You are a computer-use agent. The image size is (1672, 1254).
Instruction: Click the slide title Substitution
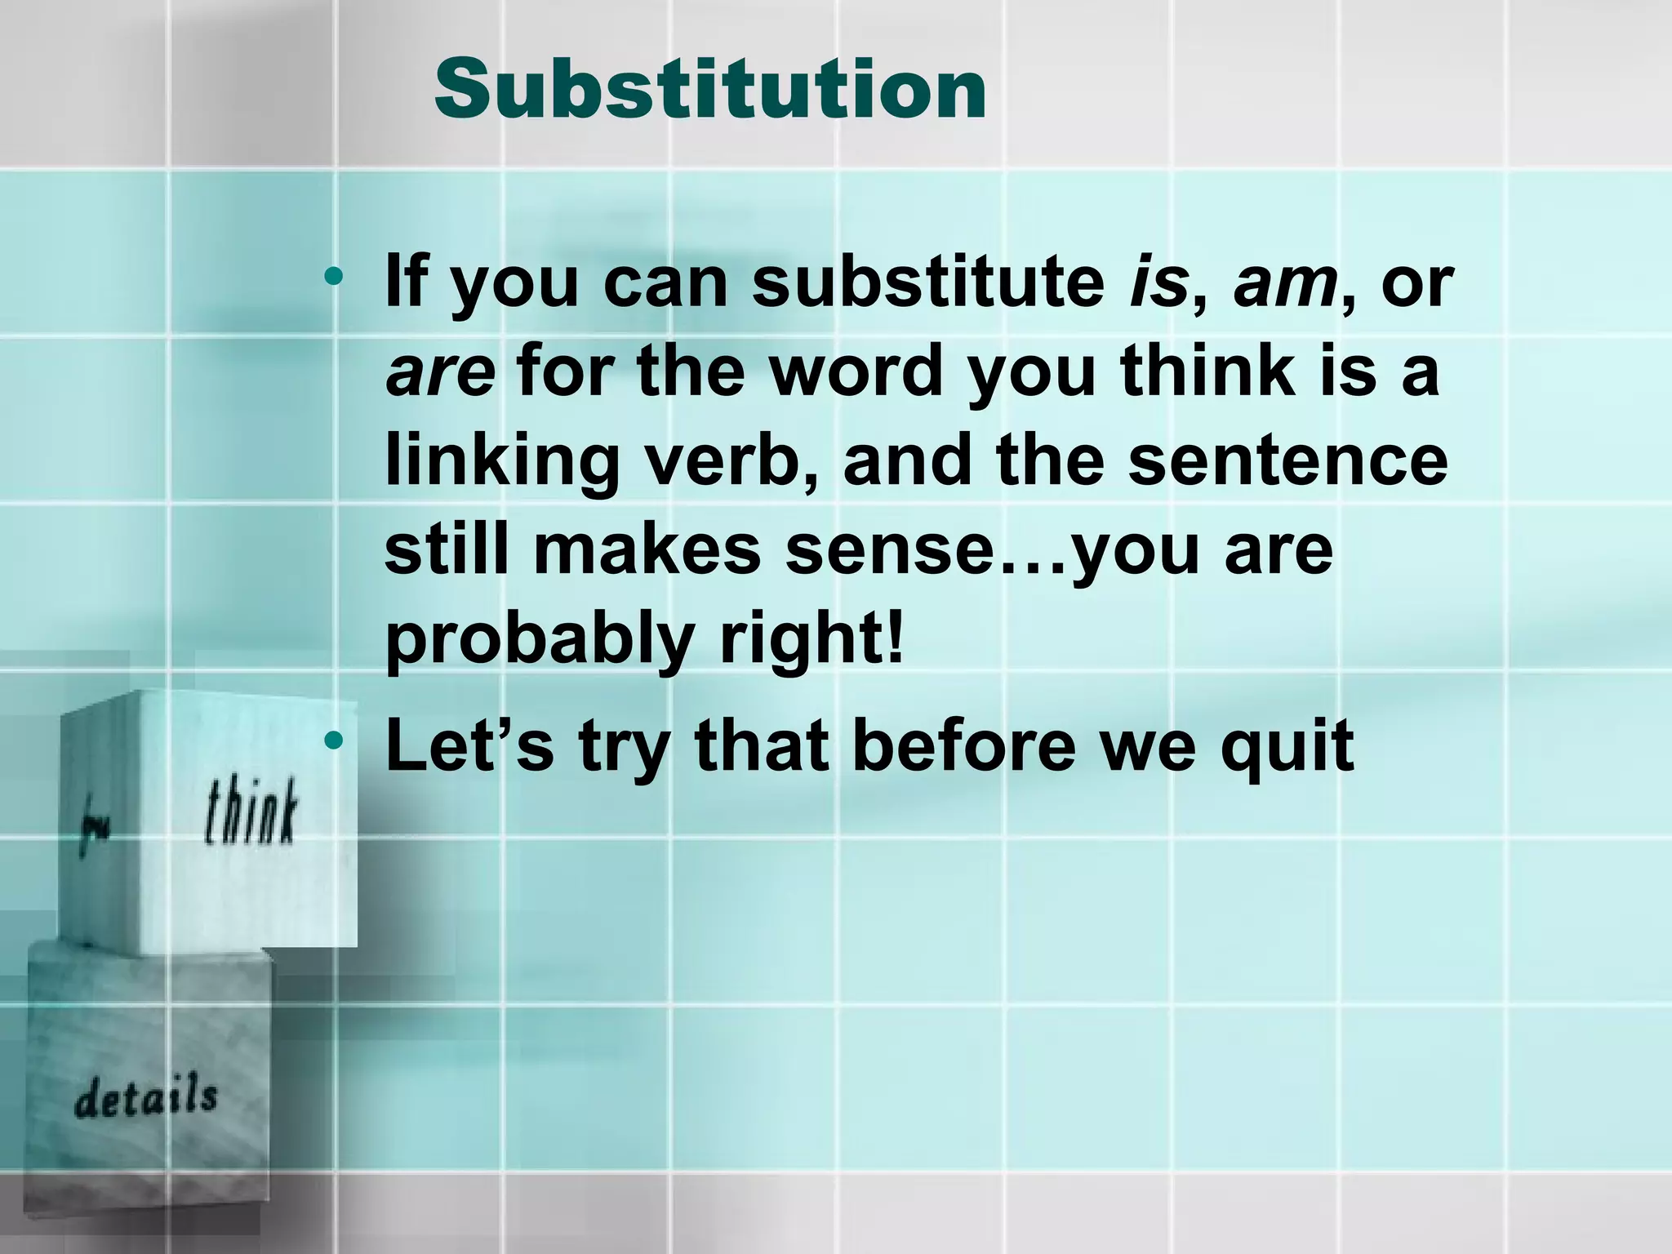point(709,90)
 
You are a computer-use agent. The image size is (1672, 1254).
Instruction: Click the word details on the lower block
point(146,1097)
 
